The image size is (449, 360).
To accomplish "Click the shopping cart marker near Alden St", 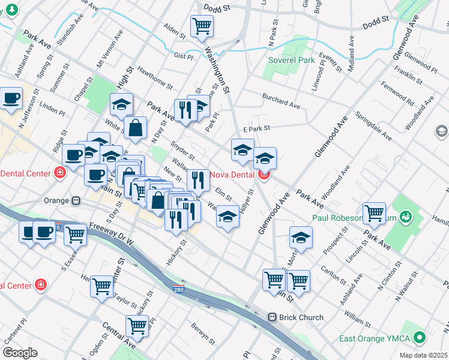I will point(202,26).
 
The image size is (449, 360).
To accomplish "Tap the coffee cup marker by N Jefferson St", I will point(11,98).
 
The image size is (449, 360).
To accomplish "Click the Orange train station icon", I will point(76,201).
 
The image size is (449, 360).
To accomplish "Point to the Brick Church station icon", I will point(272,317).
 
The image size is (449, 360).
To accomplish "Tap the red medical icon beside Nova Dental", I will point(264,175).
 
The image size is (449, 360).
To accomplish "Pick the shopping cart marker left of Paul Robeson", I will point(375,212).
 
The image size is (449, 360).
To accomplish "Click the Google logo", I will point(20,353).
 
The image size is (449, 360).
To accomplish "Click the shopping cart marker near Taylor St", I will point(101,286).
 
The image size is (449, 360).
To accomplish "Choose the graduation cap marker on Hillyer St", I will point(228,217).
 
